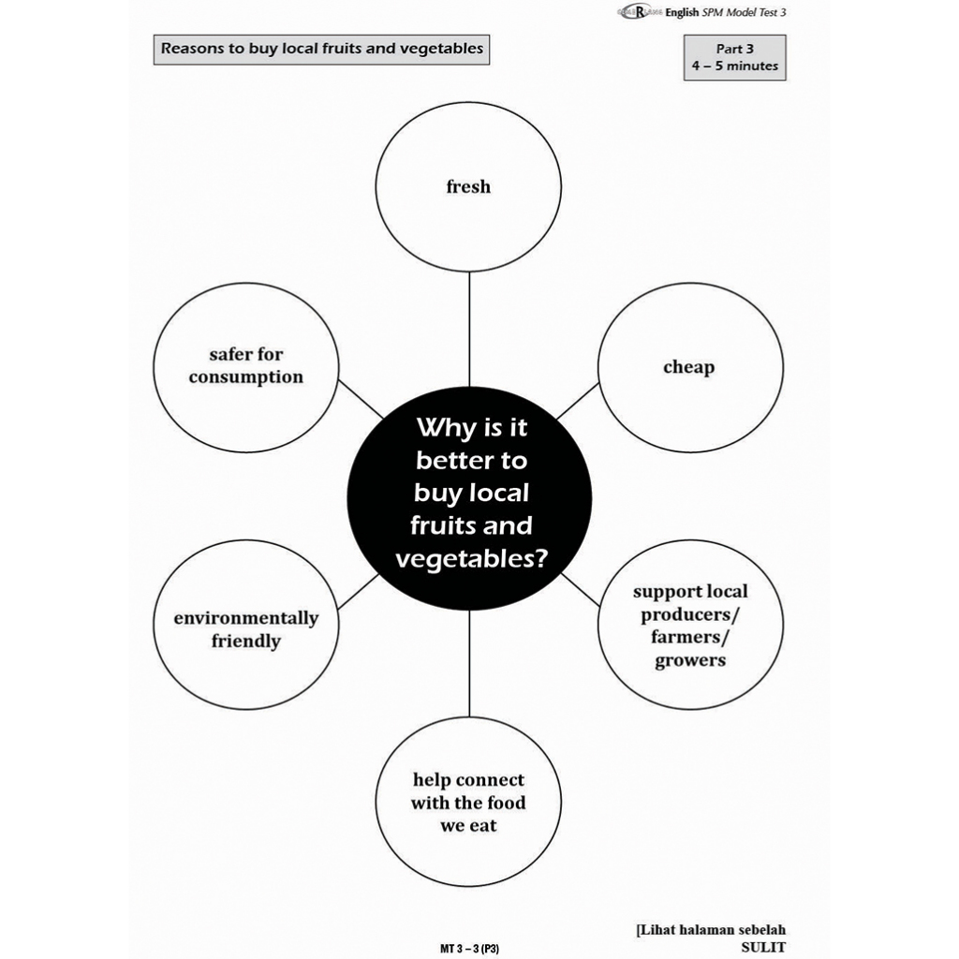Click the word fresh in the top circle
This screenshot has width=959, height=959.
468,186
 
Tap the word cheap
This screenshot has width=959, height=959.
688,367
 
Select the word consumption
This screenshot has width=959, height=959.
246,377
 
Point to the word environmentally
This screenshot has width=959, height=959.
245,618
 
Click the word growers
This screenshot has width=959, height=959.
690,660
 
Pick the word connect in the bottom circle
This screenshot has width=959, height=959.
490,780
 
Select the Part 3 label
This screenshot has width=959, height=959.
735,49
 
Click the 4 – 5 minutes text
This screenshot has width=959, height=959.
735,66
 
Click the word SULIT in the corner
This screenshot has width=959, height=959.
762,947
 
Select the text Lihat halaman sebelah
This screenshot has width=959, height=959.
713,930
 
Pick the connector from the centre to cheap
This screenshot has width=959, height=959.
578,401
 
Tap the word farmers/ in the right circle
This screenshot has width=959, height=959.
690,638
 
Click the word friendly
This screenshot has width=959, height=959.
245,642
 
